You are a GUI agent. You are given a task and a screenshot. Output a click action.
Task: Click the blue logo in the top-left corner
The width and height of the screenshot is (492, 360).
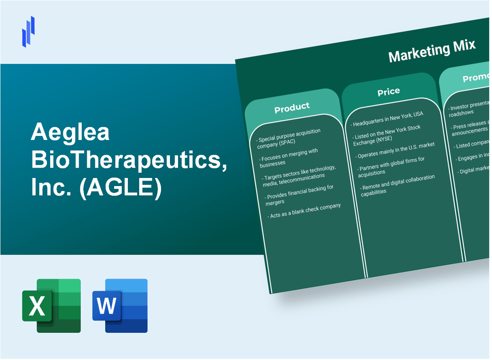coord(28,31)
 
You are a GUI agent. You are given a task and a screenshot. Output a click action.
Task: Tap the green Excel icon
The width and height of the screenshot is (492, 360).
coord(51,305)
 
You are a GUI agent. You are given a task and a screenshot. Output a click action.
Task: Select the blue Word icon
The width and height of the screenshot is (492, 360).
coord(120,305)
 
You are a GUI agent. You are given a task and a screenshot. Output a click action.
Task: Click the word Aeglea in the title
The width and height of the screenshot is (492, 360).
coord(70,132)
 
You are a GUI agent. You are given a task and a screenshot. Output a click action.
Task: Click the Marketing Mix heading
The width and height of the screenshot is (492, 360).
coord(432,51)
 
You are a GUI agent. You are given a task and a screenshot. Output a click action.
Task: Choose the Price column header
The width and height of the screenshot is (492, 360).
coord(388,91)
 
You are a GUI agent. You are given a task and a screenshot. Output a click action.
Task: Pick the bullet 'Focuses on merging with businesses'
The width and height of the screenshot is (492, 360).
coord(289,157)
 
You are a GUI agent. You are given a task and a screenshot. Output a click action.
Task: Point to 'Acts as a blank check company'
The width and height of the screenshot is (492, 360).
coord(305,211)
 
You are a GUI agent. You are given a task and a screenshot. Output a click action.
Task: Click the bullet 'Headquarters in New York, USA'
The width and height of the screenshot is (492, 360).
coord(387,119)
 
